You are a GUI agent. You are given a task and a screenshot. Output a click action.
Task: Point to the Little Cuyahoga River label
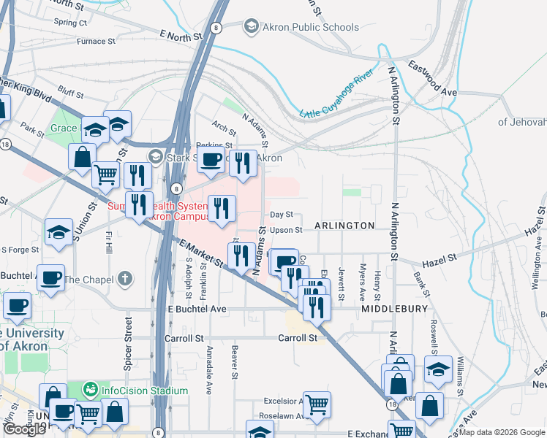(337, 93)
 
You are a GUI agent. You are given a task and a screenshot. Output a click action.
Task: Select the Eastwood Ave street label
(432, 78)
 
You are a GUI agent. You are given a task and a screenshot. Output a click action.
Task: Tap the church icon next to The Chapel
(126, 279)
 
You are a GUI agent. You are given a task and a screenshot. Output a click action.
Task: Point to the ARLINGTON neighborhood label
(344, 226)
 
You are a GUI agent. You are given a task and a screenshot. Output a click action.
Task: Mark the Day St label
(281, 215)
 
